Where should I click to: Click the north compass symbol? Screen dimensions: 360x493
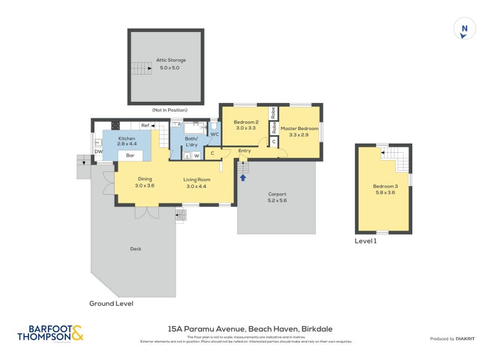pos(465,29)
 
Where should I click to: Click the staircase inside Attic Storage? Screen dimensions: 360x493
pos(141,68)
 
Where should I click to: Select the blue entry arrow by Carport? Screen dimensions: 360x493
pos(243,178)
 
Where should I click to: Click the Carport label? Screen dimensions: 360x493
pos(277,194)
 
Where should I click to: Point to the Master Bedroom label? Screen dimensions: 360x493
pos(299,128)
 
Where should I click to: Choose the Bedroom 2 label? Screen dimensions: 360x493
pos(246,122)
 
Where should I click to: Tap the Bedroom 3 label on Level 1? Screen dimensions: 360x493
pos(383,186)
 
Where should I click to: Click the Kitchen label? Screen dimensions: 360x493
pos(126,139)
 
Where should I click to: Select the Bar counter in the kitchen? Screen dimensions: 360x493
pos(130,155)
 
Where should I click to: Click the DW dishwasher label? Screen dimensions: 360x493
pos(98,152)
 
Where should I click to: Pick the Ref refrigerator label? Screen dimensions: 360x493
pos(145,126)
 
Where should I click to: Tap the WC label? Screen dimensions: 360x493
pos(214,134)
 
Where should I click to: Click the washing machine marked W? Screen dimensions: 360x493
pos(197,155)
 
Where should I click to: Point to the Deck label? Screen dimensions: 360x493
pos(136,249)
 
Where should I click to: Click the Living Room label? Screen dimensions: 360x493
pos(197,179)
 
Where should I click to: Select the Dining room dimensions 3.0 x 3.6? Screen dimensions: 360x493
pos(145,186)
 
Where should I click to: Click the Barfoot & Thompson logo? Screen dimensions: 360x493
pos(50,333)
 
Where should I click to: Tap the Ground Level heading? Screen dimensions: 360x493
pos(111,303)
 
